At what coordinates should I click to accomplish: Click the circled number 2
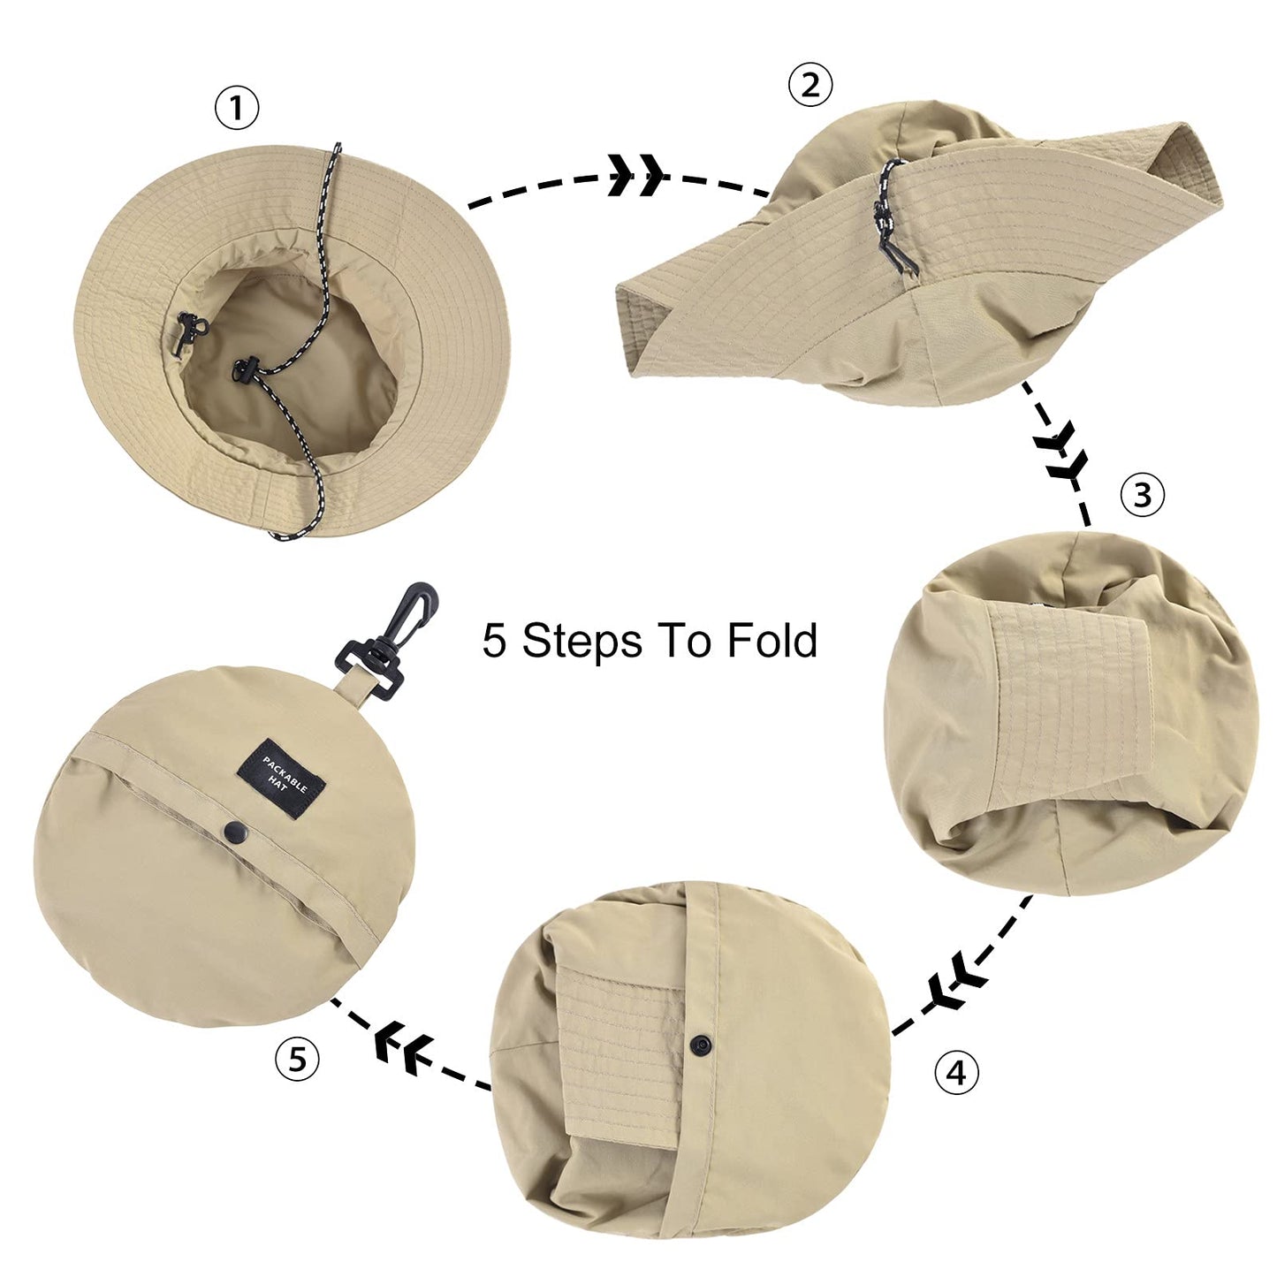point(810,86)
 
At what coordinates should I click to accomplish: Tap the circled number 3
point(1142,495)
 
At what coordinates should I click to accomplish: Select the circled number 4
point(956,1072)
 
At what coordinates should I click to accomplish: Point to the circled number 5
point(297,1057)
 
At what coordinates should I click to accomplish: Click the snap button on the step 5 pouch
point(235,829)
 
